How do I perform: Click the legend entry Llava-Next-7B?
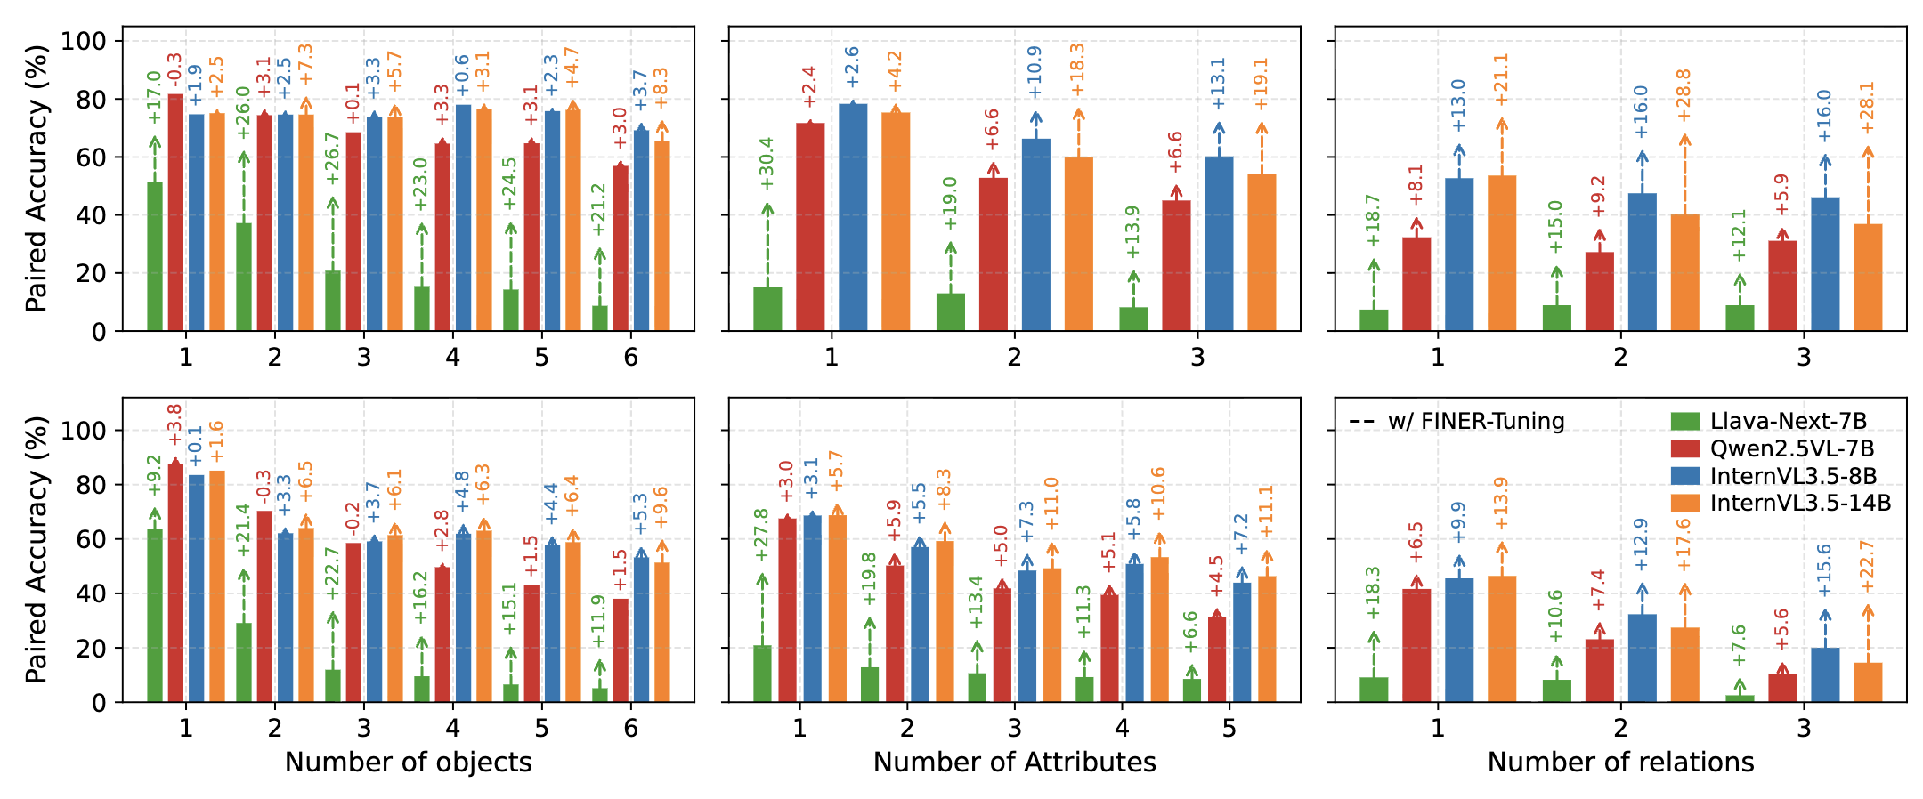(1788, 422)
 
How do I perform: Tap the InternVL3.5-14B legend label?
(1800, 503)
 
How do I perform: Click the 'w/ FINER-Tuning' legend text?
(1476, 421)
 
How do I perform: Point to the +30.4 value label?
(767, 164)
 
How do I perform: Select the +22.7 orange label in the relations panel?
(1867, 566)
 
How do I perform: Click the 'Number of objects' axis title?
(408, 763)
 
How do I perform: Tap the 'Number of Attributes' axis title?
(1014, 763)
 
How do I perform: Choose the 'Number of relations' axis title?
(1620, 763)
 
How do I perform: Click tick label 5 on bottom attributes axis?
(1229, 729)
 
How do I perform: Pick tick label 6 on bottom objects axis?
(630, 729)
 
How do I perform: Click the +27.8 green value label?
(762, 536)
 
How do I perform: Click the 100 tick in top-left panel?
(83, 41)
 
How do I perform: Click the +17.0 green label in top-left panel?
(154, 98)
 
